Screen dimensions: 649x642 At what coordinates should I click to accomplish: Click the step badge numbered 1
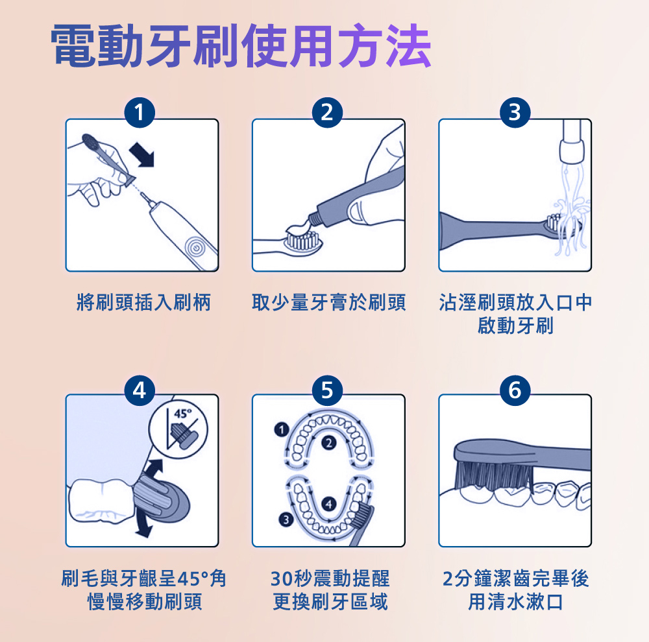coord(140,113)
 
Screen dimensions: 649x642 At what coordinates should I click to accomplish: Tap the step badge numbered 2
coord(327,113)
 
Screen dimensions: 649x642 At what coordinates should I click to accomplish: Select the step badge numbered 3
coord(515,113)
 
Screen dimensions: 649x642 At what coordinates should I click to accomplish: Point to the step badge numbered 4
coord(140,390)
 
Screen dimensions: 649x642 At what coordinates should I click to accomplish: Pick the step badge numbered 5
coord(327,390)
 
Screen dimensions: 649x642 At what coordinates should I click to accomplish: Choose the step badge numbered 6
coord(515,390)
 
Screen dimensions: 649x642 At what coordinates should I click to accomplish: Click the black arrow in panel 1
coord(143,156)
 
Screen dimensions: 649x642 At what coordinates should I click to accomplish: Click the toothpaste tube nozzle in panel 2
coord(314,218)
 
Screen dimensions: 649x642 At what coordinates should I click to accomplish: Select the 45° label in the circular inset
coord(183,414)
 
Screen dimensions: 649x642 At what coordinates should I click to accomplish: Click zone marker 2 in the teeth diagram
coord(328,443)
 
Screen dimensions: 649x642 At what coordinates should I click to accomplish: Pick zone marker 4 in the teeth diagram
coord(328,504)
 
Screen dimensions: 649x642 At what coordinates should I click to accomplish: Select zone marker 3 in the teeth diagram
coord(286,519)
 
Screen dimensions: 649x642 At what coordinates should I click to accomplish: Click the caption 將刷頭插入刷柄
coord(143,302)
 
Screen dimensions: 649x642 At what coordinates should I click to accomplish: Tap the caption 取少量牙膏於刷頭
coord(328,302)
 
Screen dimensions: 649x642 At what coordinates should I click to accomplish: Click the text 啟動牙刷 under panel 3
coord(515,326)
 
